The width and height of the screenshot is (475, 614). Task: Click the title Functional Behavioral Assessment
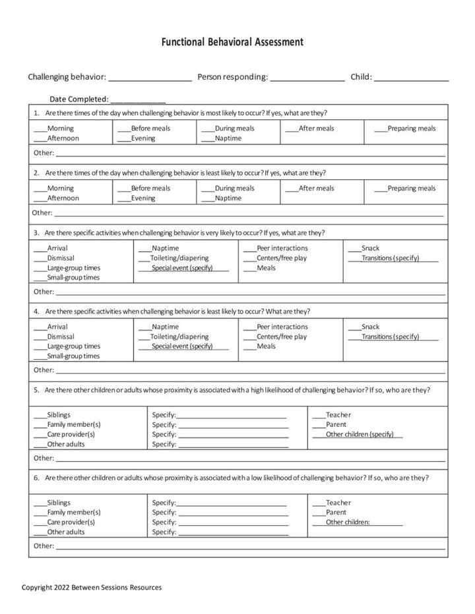click(232, 42)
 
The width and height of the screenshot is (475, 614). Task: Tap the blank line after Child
click(411, 78)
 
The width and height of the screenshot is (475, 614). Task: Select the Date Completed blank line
click(138, 100)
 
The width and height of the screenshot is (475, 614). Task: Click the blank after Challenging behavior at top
click(150, 78)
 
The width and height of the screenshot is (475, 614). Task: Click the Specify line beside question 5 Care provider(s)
click(233, 435)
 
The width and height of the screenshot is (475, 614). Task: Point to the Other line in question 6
click(249, 547)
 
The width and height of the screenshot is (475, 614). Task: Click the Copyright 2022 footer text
click(92, 587)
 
